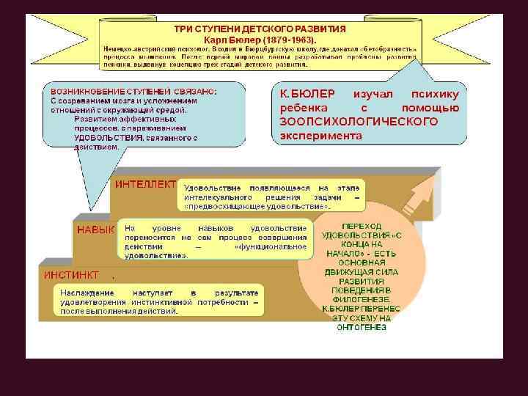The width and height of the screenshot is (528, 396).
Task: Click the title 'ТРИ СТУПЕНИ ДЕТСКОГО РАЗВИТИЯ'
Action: coord(260,28)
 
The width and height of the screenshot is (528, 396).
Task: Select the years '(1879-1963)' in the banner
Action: coord(287,38)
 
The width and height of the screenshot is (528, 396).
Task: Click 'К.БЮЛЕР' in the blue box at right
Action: coord(307,95)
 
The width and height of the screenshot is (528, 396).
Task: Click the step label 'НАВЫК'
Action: coord(95,230)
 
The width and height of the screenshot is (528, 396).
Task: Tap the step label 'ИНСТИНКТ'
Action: coord(72,276)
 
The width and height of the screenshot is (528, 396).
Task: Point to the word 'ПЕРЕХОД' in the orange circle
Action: coord(362,226)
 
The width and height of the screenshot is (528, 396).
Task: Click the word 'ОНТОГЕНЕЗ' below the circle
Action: coord(362,327)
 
